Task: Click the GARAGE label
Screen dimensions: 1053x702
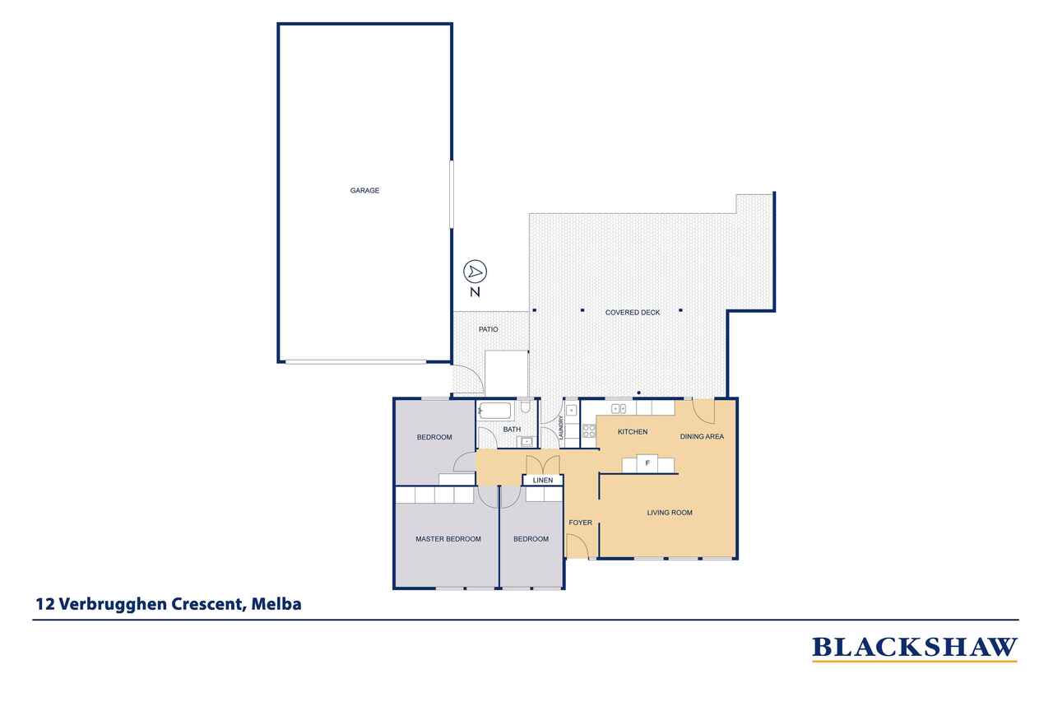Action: (364, 190)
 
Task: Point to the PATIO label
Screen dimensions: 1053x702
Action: (488, 329)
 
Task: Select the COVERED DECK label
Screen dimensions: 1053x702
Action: (633, 312)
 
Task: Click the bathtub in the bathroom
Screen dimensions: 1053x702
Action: (494, 411)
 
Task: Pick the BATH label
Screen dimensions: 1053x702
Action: (512, 430)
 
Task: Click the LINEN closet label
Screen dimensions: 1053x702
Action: (542, 480)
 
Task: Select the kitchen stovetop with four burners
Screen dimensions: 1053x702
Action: (589, 430)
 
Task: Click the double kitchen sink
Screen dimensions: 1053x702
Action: (618, 409)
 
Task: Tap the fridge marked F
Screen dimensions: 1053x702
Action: (647, 463)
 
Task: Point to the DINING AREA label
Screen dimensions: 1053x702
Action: (702, 436)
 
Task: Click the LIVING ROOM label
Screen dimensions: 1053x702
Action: (670, 513)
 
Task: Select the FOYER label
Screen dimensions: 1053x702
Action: (581, 523)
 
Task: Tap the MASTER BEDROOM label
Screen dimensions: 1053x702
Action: (448, 539)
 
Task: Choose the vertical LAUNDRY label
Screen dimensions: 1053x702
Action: (561, 427)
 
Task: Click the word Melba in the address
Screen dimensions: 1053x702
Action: (276, 604)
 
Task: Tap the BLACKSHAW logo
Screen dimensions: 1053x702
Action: (915, 649)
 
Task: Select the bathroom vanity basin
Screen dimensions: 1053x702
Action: (527, 442)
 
